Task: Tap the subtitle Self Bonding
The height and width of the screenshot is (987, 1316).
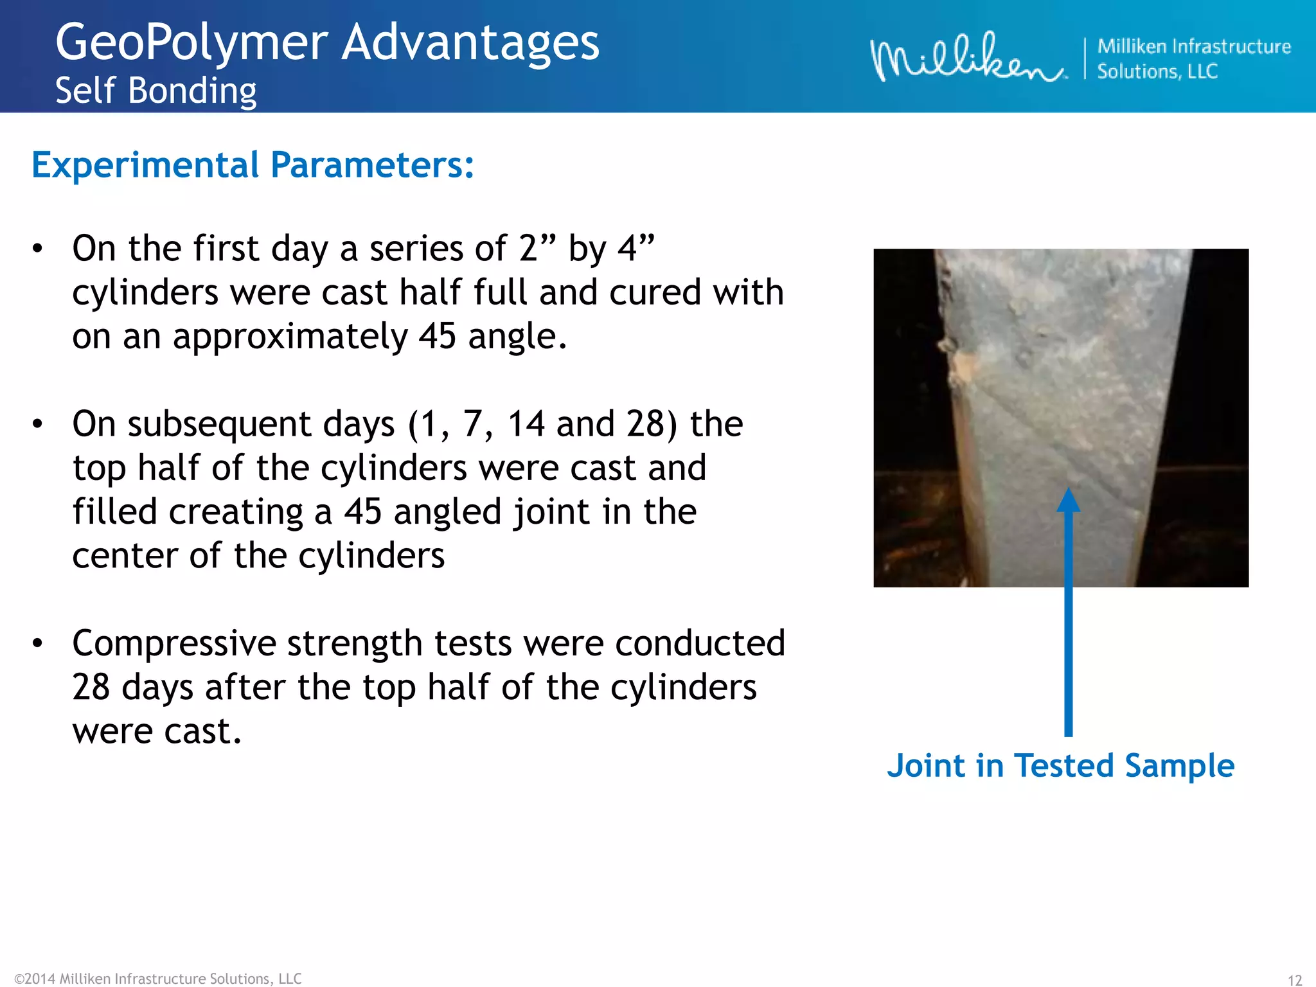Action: tap(156, 91)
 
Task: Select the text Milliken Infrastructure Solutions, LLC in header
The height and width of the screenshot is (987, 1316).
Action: tap(1193, 58)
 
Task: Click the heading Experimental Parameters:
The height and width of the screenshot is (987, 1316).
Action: tap(253, 165)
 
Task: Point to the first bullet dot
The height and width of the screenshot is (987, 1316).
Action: tap(38, 249)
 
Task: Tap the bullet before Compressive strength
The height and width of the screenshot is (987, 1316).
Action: tap(38, 643)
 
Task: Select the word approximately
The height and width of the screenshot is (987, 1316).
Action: tap(290, 336)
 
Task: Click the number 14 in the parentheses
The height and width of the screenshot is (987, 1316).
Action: tap(526, 424)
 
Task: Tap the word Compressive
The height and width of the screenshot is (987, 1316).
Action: tap(174, 643)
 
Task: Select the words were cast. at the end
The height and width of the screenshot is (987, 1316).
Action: tap(157, 731)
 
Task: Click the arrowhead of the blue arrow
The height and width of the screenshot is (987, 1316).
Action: tap(1068, 500)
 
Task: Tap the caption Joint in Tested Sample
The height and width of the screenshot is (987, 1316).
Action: tap(1060, 766)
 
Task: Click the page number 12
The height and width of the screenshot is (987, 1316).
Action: tap(1294, 979)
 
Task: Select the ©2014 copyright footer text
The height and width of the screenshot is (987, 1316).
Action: tap(157, 978)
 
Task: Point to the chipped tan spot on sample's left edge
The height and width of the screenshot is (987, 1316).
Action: tap(961, 366)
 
